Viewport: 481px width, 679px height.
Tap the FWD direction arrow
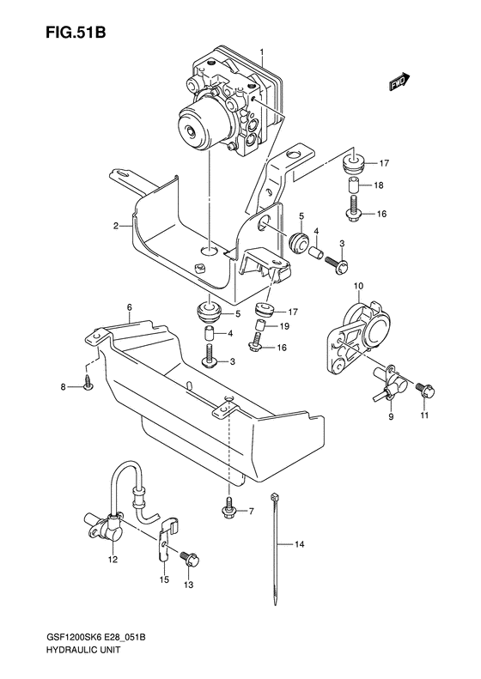(398, 82)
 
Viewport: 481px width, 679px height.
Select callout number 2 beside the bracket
(115, 227)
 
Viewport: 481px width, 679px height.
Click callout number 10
(358, 285)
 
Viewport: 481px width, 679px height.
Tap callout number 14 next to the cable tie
(300, 544)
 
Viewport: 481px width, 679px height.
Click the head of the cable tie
(273, 497)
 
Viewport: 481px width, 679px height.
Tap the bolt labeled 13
(190, 559)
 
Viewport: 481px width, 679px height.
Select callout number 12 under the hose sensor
(112, 561)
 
